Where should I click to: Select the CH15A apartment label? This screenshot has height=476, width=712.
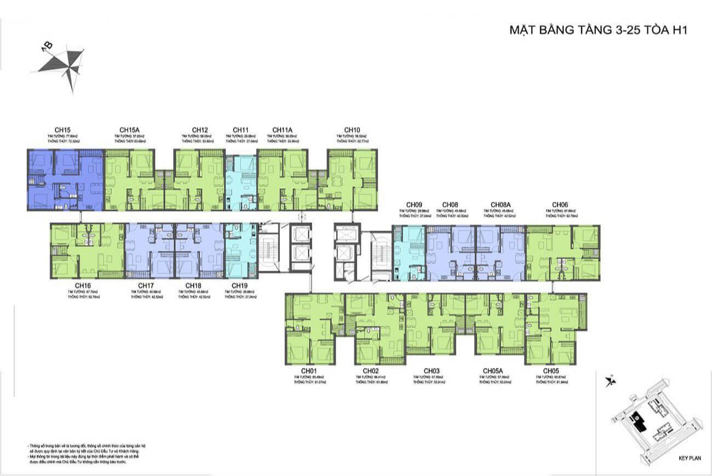click(x=128, y=130)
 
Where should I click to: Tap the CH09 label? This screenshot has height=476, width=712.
click(x=407, y=205)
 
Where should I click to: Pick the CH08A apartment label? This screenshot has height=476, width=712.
click(x=501, y=205)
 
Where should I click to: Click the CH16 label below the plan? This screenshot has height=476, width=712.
click(x=83, y=286)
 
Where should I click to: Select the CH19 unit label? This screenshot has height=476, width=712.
click(x=240, y=286)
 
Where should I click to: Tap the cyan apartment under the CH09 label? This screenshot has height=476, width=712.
click(x=409, y=253)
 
